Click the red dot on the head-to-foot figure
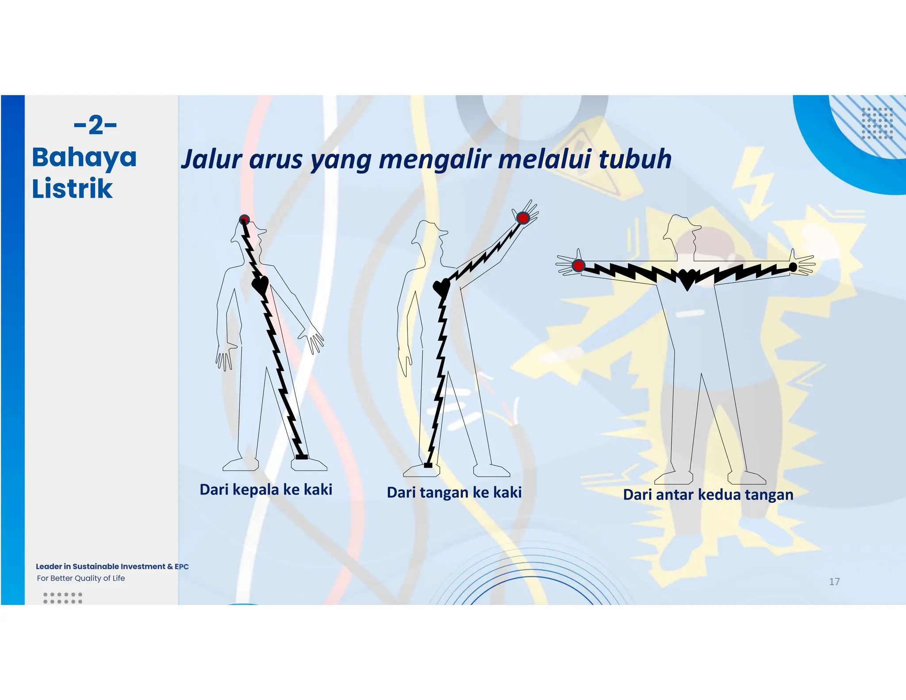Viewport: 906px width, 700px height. click(x=244, y=219)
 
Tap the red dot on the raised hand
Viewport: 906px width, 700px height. click(x=523, y=218)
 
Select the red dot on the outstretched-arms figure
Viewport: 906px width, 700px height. click(x=578, y=265)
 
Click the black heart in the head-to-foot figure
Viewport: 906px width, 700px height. click(x=260, y=285)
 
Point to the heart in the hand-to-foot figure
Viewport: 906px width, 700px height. click(x=441, y=288)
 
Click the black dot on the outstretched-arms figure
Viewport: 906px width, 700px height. click(x=793, y=267)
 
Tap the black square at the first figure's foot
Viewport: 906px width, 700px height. click(x=302, y=456)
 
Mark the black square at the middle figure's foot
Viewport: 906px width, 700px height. click(x=428, y=465)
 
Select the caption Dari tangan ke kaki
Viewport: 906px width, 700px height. click(x=454, y=492)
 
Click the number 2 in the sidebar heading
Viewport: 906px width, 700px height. click(x=96, y=125)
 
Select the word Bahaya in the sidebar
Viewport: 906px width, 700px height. click(x=84, y=158)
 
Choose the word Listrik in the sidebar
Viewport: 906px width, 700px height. click(x=72, y=188)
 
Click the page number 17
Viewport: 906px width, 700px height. click(x=834, y=581)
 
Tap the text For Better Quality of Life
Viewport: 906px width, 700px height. click(x=81, y=578)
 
